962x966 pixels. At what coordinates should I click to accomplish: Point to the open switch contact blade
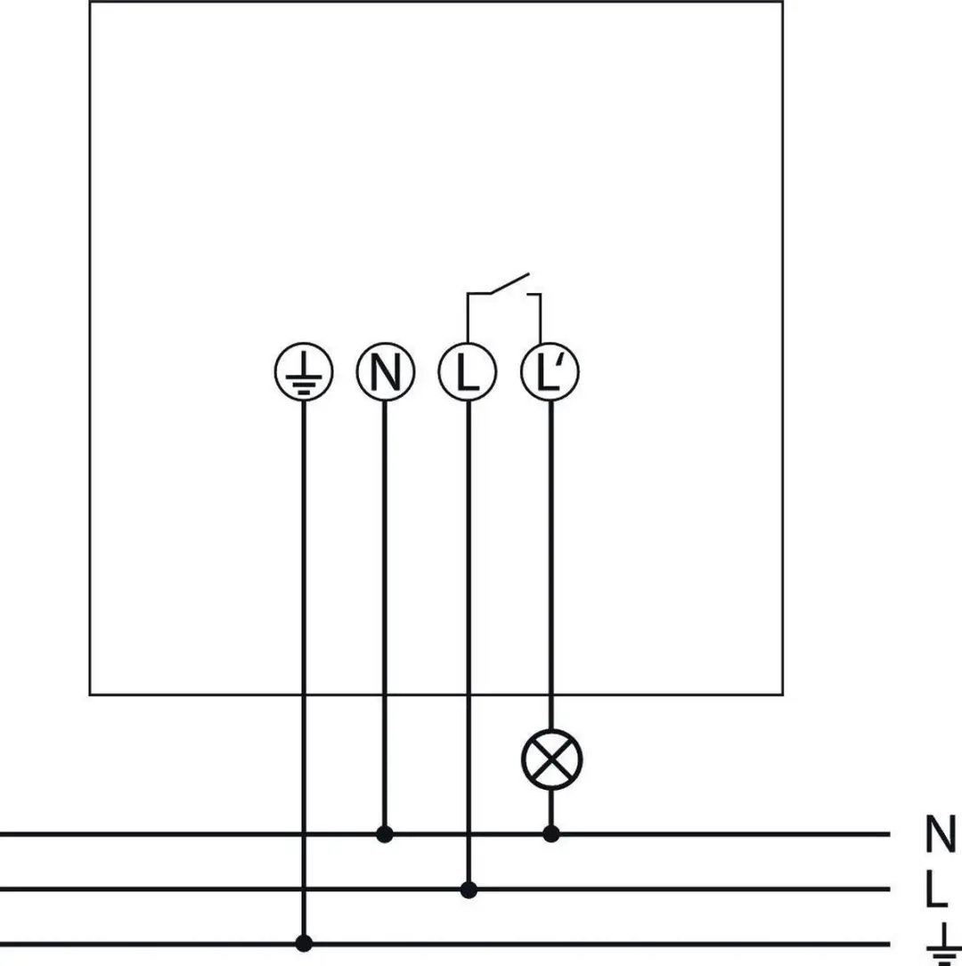click(510, 283)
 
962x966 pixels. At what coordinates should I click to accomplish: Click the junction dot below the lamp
click(551, 834)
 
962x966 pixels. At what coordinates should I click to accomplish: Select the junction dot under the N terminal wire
click(385, 834)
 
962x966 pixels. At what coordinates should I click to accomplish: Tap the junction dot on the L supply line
click(469, 889)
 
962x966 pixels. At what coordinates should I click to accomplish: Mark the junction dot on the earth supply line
click(304, 943)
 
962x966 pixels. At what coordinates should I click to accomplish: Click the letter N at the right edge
click(941, 833)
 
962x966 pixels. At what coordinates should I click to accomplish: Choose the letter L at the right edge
click(936, 889)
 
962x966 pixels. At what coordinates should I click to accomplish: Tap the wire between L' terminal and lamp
click(551, 565)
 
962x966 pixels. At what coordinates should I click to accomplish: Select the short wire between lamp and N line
click(551, 808)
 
